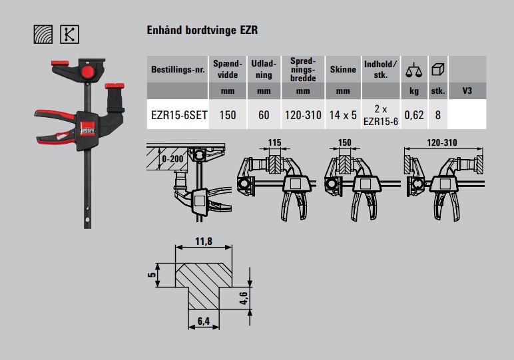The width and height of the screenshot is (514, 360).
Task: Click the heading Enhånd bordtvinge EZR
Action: pyautogui.click(x=201, y=31)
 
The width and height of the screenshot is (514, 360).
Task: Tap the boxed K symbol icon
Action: pyautogui.click(x=69, y=34)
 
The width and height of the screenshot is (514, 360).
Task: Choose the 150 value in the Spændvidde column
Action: pyautogui.click(x=228, y=114)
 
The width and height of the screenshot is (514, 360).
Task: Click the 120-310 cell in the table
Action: pyautogui.click(x=302, y=114)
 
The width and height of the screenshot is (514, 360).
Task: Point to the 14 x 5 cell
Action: pyautogui.click(x=343, y=114)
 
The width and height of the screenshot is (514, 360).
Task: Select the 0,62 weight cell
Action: pyautogui.click(x=413, y=114)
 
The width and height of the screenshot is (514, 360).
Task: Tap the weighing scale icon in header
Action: pyautogui.click(x=413, y=69)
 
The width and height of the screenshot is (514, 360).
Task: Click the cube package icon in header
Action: pyautogui.click(x=437, y=69)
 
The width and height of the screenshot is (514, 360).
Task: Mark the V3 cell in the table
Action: pyautogui.click(x=466, y=90)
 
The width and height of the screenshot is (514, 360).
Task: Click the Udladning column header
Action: pyautogui.click(x=264, y=69)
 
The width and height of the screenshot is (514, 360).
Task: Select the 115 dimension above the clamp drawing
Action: pyautogui.click(x=275, y=142)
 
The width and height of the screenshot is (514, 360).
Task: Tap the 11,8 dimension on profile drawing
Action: pyautogui.click(x=204, y=242)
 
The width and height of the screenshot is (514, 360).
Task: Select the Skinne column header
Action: pyautogui.click(x=343, y=69)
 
